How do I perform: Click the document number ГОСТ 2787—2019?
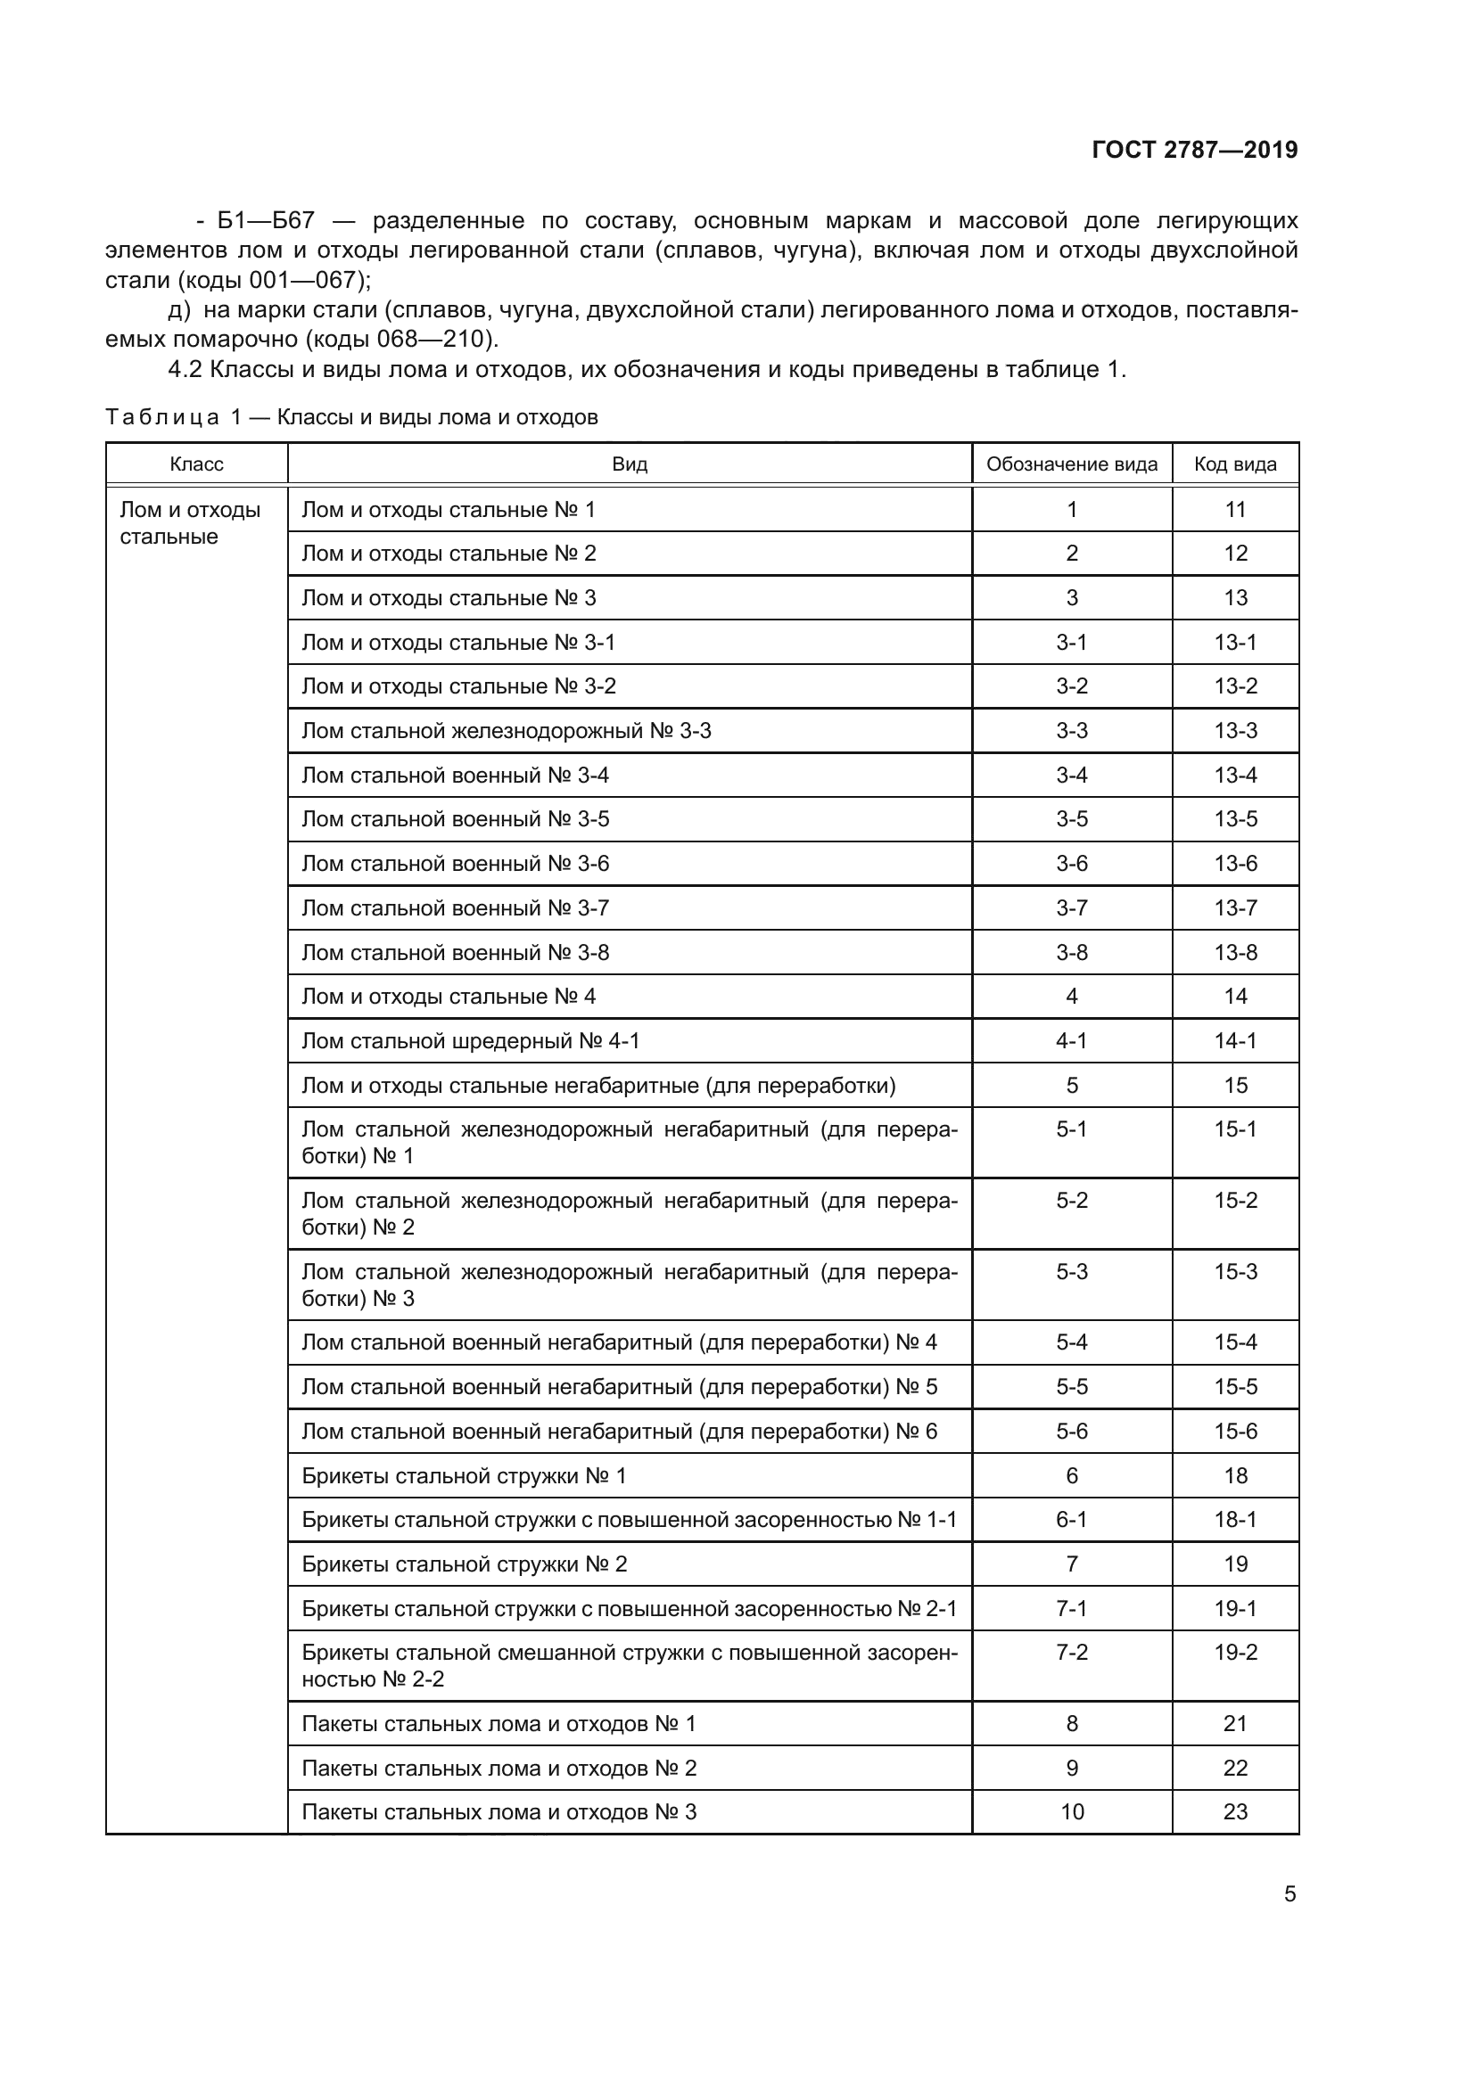(1194, 150)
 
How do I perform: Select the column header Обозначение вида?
(1072, 464)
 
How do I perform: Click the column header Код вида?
(1235, 464)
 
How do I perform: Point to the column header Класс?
(196, 464)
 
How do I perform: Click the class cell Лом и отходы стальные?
(190, 522)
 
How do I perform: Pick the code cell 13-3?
(1235, 731)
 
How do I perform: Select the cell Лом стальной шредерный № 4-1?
(471, 1040)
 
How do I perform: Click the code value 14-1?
(1235, 1040)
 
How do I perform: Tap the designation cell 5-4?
(1072, 1342)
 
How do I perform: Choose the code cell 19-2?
(1235, 1653)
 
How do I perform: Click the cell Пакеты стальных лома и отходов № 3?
(499, 1812)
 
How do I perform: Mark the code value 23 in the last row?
(1235, 1812)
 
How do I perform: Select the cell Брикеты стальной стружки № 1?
(464, 1475)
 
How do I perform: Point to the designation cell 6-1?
(1072, 1519)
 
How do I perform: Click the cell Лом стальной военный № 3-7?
(455, 908)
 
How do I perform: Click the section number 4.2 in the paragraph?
(185, 370)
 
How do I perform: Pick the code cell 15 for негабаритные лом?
(1235, 1085)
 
